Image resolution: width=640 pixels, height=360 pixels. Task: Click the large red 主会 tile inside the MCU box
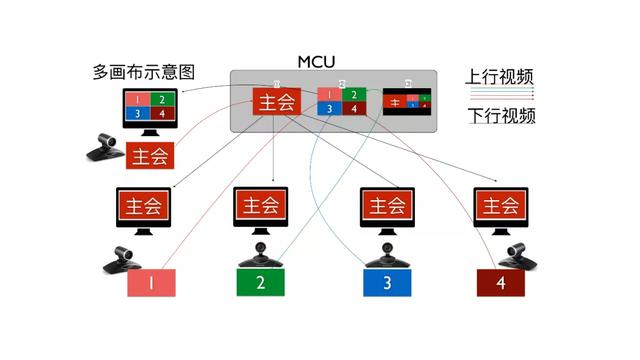point(277,102)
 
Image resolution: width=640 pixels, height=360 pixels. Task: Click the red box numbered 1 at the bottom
point(151,283)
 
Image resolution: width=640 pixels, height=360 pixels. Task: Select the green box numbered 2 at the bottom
point(261,283)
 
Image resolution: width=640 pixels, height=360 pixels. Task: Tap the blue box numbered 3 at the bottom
point(387,283)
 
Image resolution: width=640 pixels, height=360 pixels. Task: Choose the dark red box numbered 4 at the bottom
point(500,284)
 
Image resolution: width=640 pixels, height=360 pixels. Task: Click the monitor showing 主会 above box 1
point(143,208)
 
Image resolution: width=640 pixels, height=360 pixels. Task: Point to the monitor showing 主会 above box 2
point(261,207)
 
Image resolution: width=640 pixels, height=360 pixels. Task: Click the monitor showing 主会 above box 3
point(387,207)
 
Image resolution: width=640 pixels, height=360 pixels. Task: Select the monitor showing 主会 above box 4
point(500,207)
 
